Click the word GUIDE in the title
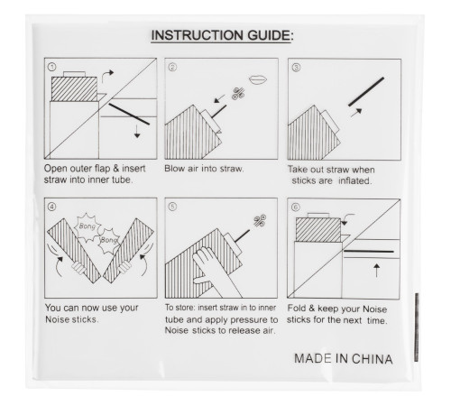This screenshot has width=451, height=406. (269, 35)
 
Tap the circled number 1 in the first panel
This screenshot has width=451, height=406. (51, 67)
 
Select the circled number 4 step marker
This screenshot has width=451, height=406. (51, 207)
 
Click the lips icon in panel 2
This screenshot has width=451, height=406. (258, 79)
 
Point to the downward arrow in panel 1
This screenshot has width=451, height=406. (137, 132)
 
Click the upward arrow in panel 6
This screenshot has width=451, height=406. (376, 270)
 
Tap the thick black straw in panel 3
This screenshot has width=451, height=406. (366, 92)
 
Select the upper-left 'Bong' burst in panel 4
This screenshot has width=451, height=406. (87, 227)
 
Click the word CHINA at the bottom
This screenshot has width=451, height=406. (372, 359)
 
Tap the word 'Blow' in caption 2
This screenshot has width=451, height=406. (174, 169)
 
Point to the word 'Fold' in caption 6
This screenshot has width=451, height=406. (297, 309)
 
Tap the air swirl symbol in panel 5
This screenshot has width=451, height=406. (260, 220)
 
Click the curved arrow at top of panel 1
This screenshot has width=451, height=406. (107, 76)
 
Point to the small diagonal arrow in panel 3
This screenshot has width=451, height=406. (356, 113)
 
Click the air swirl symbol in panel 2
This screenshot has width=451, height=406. (238, 94)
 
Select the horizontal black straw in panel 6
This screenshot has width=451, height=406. (369, 251)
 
